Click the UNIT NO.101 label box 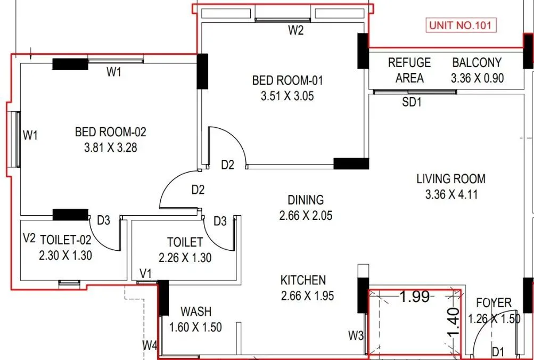pyautogui.click(x=462, y=26)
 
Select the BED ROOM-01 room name pyautogui.click(x=295, y=80)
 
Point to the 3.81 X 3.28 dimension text pyautogui.click(x=110, y=148)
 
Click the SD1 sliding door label pyautogui.click(x=412, y=103)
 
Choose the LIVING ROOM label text pyautogui.click(x=451, y=179)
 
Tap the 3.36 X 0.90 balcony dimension pyautogui.click(x=477, y=78)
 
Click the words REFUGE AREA pyautogui.click(x=409, y=70)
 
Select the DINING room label pyautogui.click(x=306, y=200)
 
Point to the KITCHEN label pyautogui.click(x=303, y=280)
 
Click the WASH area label pyautogui.click(x=196, y=311)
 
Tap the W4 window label pyautogui.click(x=150, y=346)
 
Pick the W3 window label pyautogui.click(x=356, y=336)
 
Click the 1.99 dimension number pyautogui.click(x=414, y=297)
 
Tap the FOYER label pyautogui.click(x=494, y=303)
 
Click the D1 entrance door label pyautogui.click(x=498, y=351)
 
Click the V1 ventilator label pyautogui.click(x=145, y=273)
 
